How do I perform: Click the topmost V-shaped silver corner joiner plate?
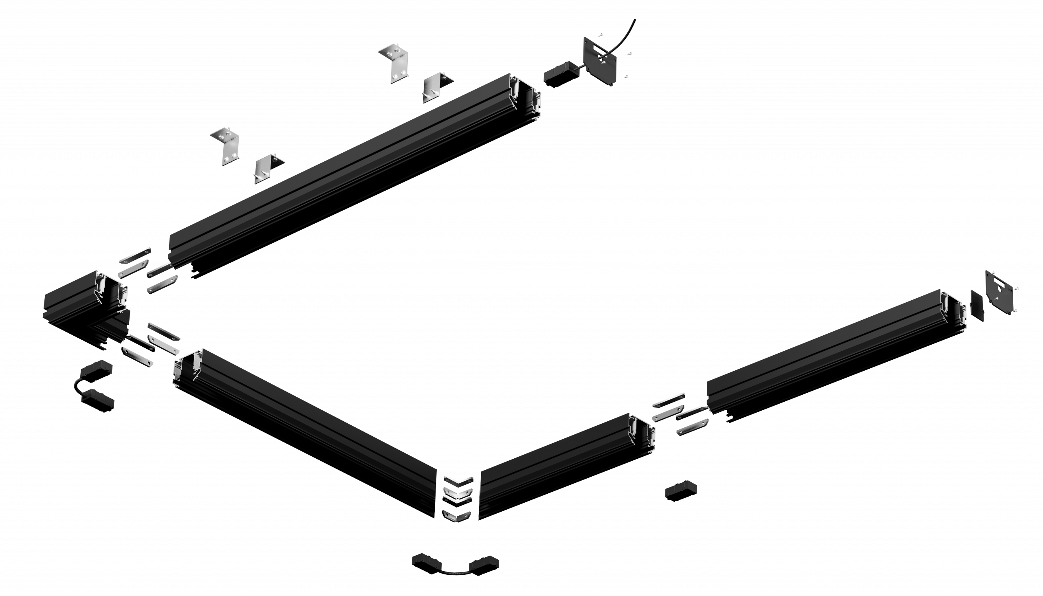tap(458, 480)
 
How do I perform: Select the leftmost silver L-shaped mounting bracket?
tap(225, 145)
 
